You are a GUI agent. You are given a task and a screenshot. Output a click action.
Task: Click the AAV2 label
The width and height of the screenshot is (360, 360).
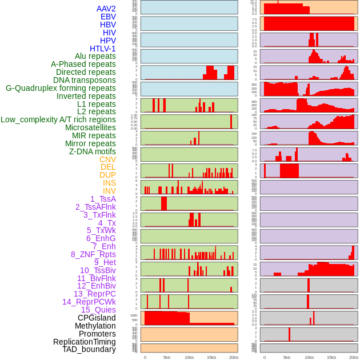pos(106,9)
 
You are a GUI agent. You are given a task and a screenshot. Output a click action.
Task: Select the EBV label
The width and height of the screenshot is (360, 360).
pos(108,17)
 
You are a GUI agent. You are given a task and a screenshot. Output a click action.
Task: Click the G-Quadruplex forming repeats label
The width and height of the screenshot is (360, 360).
pos(61,88)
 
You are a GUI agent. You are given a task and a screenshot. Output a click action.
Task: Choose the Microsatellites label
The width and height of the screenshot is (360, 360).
pos(90,127)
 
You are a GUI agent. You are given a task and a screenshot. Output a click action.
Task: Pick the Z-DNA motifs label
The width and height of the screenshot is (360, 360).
pos(92,151)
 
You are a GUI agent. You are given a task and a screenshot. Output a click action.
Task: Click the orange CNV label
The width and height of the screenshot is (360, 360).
pos(107,159)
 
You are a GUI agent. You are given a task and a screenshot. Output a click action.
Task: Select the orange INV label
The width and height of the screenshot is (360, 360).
pos(109,191)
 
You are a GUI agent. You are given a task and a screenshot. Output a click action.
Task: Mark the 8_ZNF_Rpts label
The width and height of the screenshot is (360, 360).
pos(93,254)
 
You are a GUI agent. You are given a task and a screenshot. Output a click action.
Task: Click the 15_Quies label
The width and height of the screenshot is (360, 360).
pos(98,310)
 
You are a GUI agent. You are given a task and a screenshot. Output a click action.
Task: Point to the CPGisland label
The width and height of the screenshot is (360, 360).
pos(97,318)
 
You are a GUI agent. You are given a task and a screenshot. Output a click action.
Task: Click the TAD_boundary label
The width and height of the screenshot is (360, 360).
pos(89,349)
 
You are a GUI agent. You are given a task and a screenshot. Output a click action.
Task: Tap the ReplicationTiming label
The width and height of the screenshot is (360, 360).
pos(84,342)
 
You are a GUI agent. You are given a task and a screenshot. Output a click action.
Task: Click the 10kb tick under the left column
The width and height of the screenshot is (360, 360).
pos(189,357)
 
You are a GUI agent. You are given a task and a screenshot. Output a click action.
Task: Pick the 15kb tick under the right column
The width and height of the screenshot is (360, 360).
pos(331,357)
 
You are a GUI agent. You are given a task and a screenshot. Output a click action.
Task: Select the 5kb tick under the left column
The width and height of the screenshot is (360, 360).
pos(167,357)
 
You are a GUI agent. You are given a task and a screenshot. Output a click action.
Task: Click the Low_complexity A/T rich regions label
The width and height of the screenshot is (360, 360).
pos(58,119)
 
